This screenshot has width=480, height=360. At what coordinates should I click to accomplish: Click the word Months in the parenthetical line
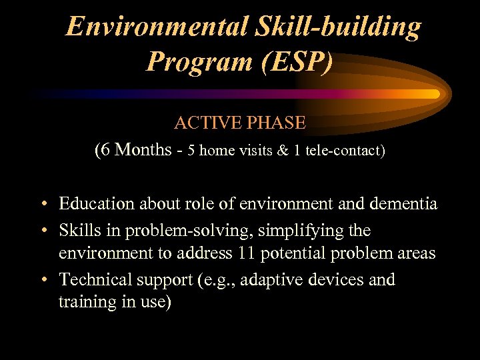click(x=143, y=150)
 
